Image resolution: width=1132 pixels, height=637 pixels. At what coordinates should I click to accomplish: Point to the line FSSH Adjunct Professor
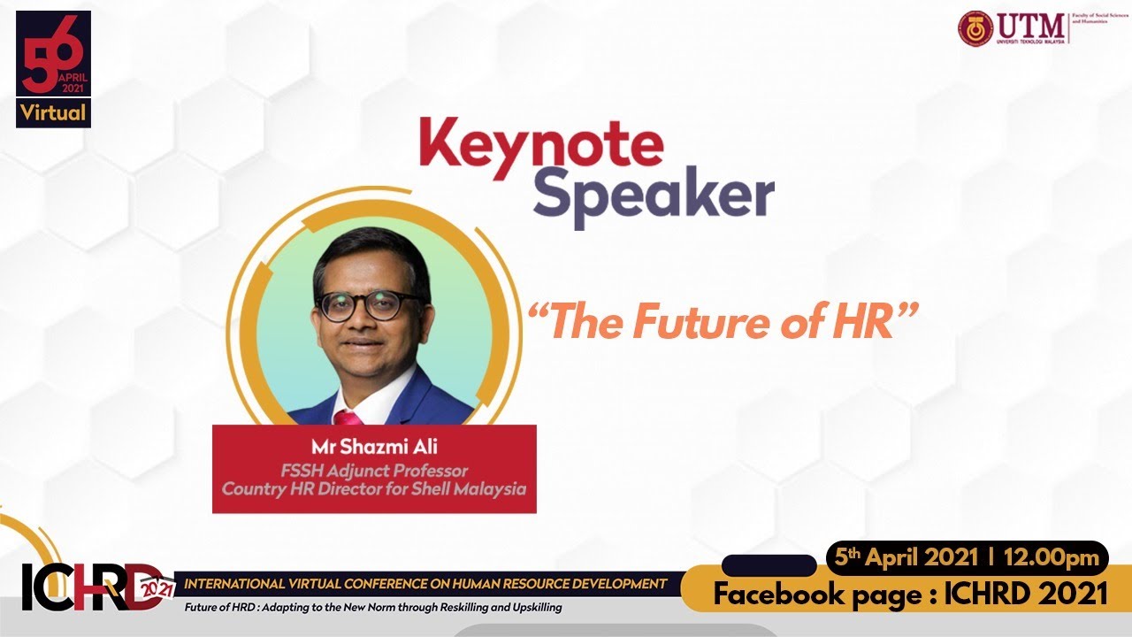374,471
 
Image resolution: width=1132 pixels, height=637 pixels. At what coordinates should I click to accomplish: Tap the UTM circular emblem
975,28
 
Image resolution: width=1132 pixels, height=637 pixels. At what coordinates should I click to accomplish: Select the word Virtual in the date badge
53,112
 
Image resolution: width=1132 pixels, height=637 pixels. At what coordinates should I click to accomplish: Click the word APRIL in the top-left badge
71,77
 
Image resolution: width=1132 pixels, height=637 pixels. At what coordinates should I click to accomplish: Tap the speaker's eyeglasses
370,305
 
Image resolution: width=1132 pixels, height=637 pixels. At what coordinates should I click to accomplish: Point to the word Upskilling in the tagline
531,608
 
